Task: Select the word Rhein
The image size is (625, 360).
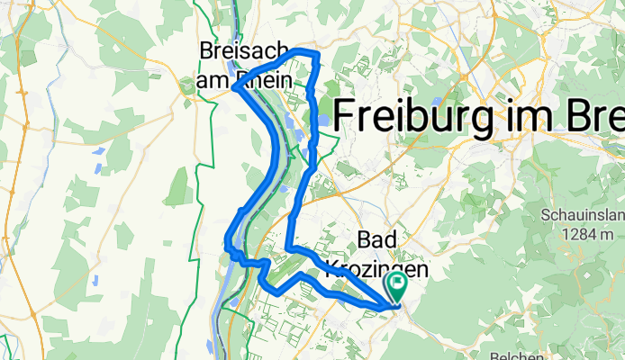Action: (265, 80)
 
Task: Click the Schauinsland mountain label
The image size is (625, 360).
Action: (581, 216)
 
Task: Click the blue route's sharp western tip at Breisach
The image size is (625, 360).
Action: (233, 87)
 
